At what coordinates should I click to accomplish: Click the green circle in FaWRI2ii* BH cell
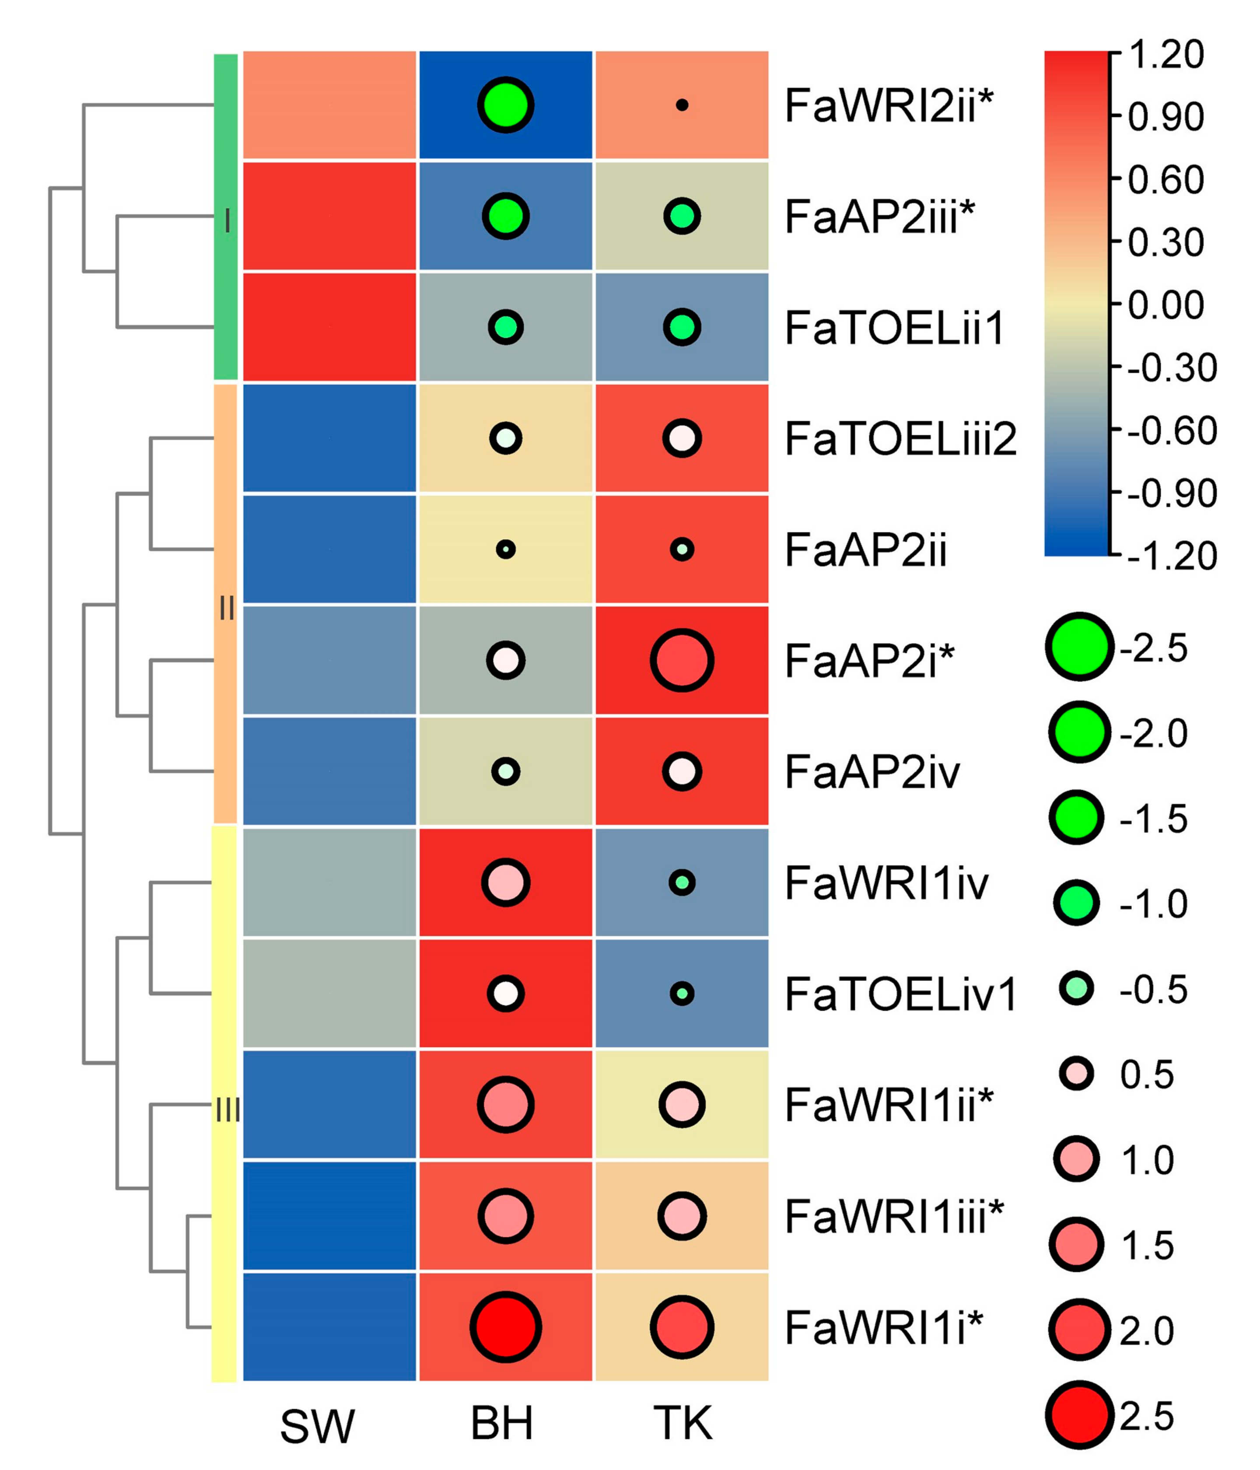click(x=505, y=105)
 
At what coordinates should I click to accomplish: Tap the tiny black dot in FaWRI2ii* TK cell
click(x=682, y=105)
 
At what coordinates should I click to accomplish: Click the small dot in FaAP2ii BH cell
click(x=505, y=549)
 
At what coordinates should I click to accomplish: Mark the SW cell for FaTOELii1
click(x=329, y=327)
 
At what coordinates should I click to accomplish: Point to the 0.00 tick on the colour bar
click(x=1165, y=305)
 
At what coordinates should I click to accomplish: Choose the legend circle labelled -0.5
click(x=1076, y=988)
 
